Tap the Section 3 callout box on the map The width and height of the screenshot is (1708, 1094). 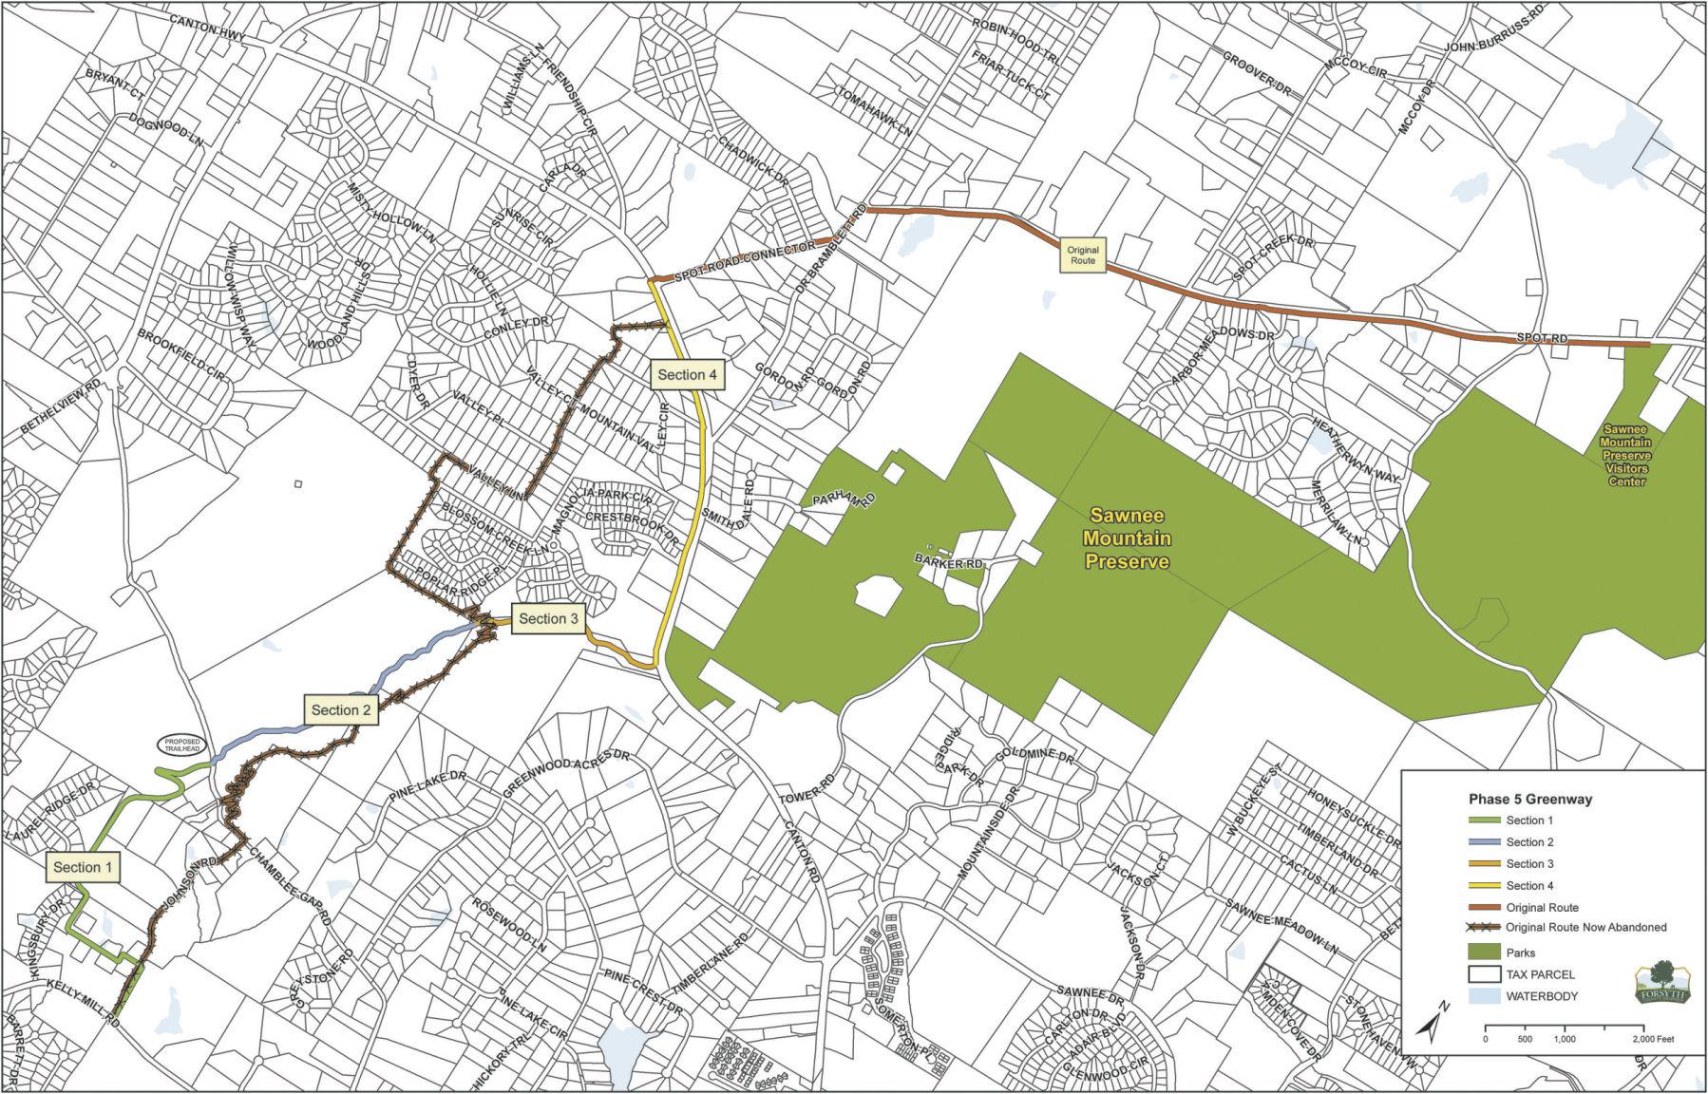pyautogui.click(x=548, y=619)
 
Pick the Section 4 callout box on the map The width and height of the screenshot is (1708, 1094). pyautogui.click(x=687, y=374)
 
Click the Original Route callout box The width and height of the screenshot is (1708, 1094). pyautogui.click(x=1082, y=255)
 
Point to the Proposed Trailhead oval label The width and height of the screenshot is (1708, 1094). pyautogui.click(x=181, y=745)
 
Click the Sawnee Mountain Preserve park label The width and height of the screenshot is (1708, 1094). pyautogui.click(x=1129, y=538)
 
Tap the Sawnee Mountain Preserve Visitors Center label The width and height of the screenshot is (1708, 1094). pyautogui.click(x=1625, y=455)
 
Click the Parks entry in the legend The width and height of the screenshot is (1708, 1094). pyautogui.click(x=1520, y=953)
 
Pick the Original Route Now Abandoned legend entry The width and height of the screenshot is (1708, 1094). pyautogui.click(x=1585, y=927)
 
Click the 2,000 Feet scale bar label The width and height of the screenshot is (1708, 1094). pyautogui.click(x=1659, y=1039)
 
